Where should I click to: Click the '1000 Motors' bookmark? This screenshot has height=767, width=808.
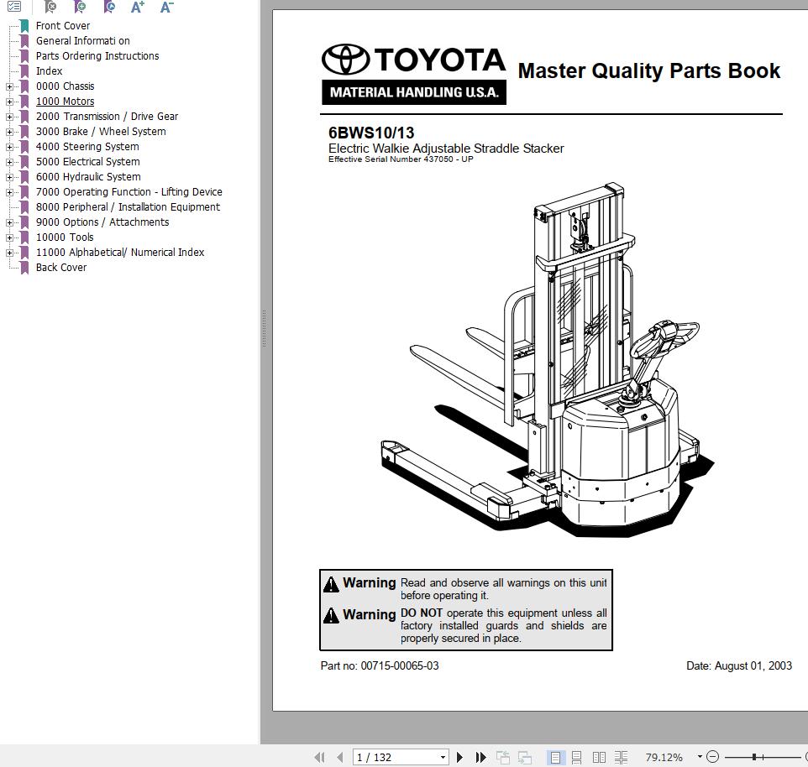point(65,102)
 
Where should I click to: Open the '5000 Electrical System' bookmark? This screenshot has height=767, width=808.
point(87,162)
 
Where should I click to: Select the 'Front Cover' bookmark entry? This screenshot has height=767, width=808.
point(62,26)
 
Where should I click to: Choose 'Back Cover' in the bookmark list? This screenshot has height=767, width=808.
point(60,268)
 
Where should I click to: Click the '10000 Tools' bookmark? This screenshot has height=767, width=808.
point(65,237)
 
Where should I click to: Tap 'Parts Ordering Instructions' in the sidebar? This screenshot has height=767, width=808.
point(97,56)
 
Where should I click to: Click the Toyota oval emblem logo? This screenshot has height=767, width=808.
point(345,60)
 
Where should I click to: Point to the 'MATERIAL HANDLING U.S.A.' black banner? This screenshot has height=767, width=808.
point(413,92)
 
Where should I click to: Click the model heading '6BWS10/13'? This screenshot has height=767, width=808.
point(370,133)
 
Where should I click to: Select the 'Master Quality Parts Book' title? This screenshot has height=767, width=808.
point(648,71)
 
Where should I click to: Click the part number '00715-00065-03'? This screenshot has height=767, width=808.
point(399,666)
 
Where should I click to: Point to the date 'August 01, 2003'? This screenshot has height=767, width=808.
point(753,666)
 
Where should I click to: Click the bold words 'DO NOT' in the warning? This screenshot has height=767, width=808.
point(421,613)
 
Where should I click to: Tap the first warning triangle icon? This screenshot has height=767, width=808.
point(332,584)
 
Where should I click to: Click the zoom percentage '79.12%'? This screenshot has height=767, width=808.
point(664,757)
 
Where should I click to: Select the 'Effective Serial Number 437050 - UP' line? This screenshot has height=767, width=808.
point(401,159)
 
